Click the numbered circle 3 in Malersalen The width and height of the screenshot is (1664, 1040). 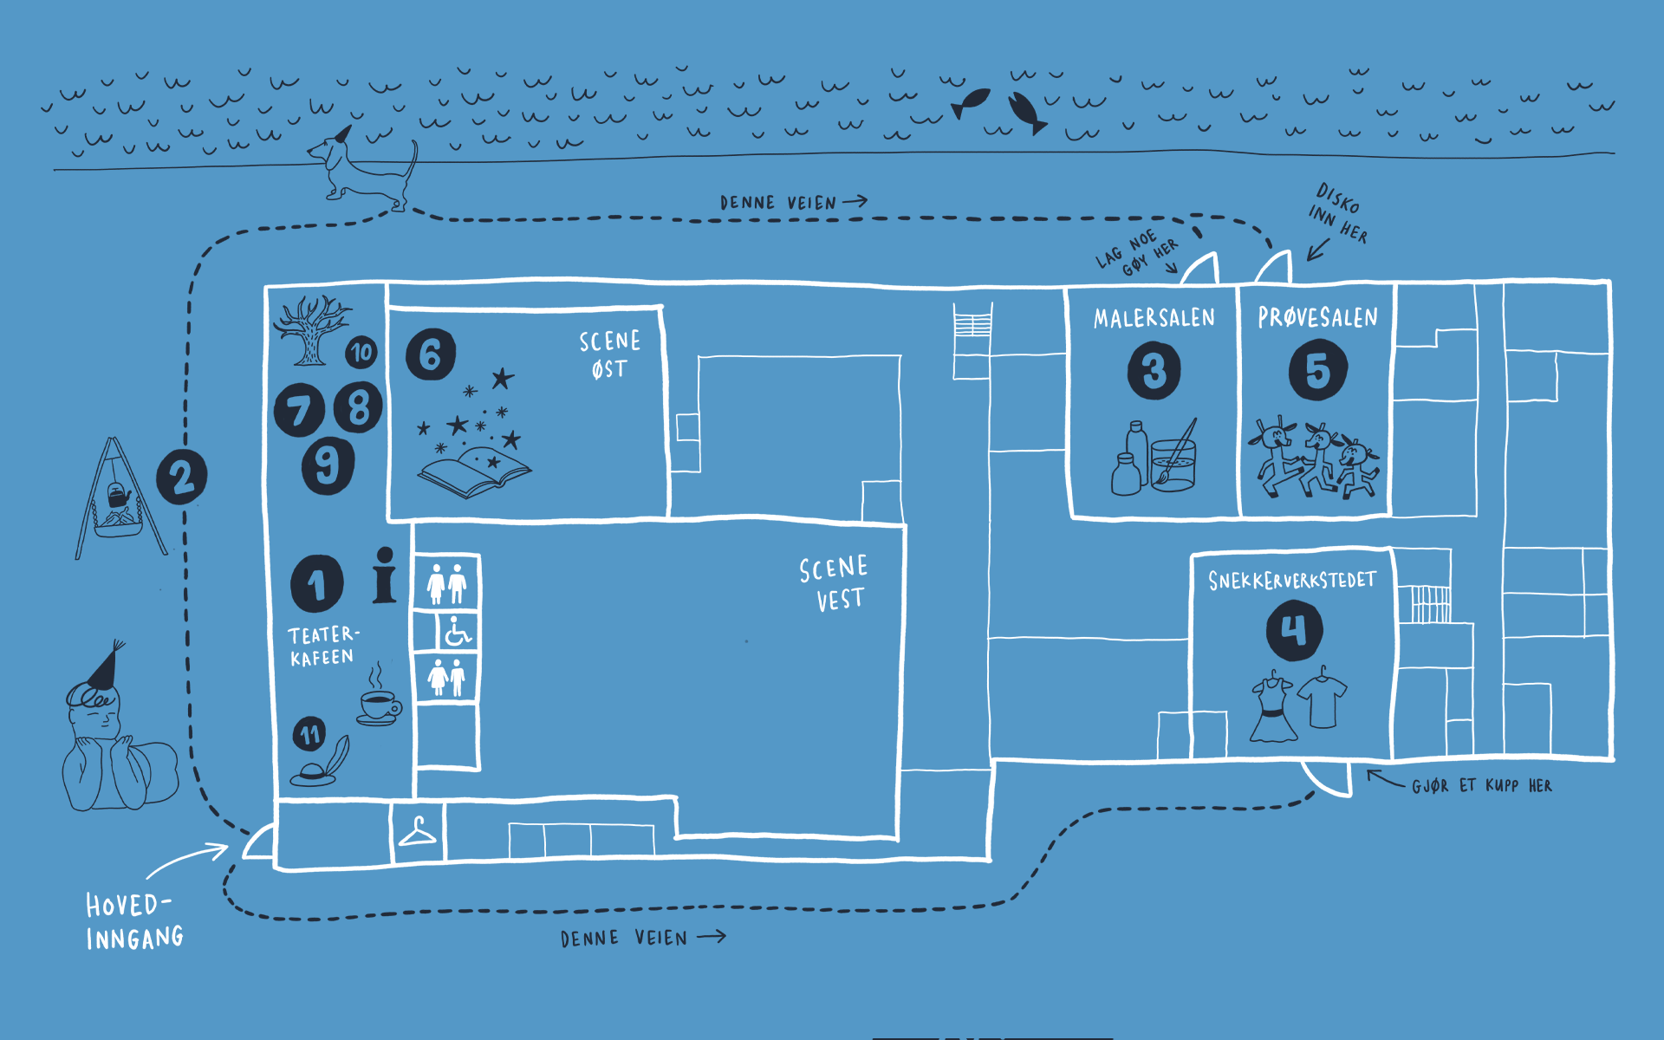[x=1154, y=370]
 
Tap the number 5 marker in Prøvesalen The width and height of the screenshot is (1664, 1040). [x=1317, y=370]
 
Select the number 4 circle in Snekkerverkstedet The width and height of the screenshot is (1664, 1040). [x=1294, y=630]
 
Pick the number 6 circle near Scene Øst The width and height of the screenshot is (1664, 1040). [x=431, y=354]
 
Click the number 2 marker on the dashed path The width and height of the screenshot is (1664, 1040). [x=182, y=476]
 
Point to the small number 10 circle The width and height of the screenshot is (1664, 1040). [x=361, y=352]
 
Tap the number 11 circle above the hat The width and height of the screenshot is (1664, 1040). [x=309, y=735]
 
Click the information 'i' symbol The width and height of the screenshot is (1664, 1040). [x=384, y=575]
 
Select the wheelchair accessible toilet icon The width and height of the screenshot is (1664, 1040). [x=457, y=632]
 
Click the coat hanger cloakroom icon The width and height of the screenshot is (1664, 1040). [x=417, y=833]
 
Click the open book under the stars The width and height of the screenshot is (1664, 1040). [x=474, y=471]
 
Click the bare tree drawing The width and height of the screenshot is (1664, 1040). [x=311, y=329]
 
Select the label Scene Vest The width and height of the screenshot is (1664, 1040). [x=833, y=583]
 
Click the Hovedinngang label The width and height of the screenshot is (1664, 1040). [x=134, y=921]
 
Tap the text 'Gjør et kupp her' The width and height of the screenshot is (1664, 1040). [x=1481, y=786]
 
